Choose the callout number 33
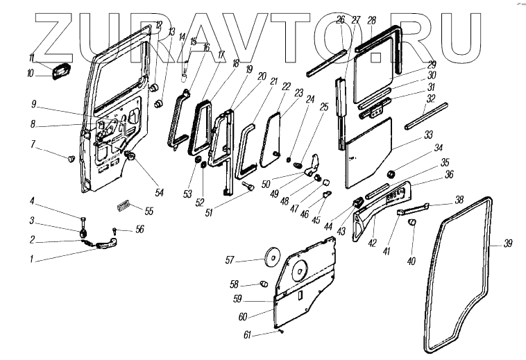point(428,134)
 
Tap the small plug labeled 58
point(263,284)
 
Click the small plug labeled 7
point(71,159)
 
